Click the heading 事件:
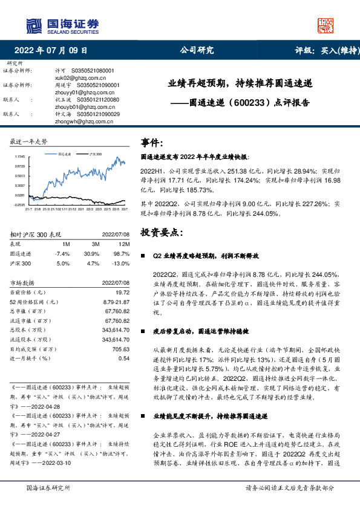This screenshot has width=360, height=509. [152, 143]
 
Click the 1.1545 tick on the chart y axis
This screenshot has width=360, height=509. [20, 156]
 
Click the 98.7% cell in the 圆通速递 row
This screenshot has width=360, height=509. [122, 253]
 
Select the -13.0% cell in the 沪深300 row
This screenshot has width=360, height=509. [120, 264]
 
